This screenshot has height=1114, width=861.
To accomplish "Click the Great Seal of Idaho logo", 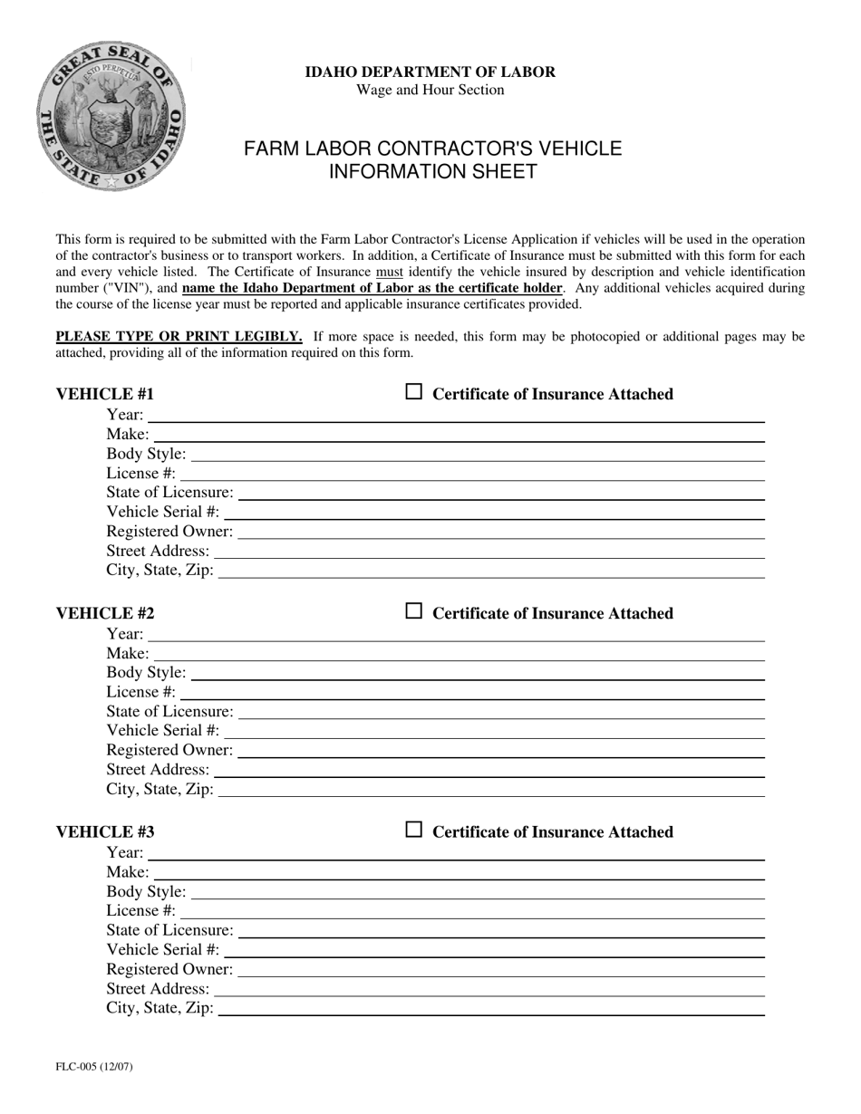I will [111, 116].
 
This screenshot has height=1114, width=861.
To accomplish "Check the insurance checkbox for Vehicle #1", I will [413, 392].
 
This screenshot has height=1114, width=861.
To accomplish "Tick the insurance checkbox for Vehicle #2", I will [413, 611].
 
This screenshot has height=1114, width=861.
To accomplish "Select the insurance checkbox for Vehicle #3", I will [413, 830].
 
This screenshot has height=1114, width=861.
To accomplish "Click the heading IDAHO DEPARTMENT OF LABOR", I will [430, 72].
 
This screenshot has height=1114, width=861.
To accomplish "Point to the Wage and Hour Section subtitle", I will [430, 90].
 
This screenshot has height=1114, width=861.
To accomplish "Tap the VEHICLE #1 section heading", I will [105, 394].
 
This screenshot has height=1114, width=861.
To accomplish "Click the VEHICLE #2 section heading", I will [105, 613].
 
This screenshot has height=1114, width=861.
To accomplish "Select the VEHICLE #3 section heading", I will [105, 831].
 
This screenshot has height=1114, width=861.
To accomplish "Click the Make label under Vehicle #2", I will [128, 653].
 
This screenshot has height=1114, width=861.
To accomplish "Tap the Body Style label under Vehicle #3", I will [146, 891].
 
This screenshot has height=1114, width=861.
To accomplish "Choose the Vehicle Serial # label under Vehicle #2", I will [162, 730].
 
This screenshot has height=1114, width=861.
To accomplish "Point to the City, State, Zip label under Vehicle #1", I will [160, 570].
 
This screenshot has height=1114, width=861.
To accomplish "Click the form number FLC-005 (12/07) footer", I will [94, 1066].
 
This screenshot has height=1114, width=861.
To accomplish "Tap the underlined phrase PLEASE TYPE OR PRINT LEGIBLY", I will [179, 337].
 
